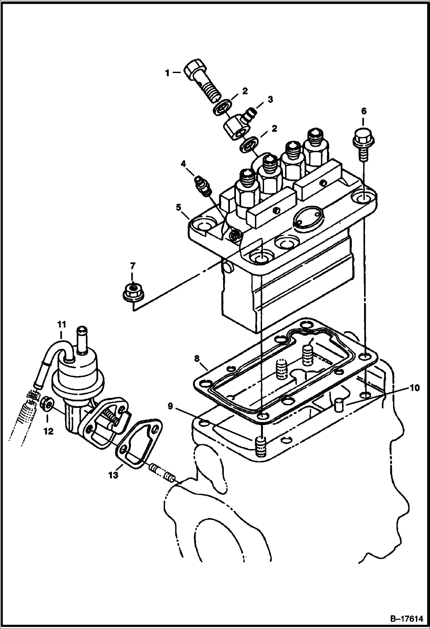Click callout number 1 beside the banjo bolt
(x=167, y=73)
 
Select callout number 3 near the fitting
(x=270, y=100)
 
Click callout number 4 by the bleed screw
(x=183, y=164)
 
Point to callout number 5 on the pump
(x=179, y=207)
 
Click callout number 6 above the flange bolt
(x=364, y=112)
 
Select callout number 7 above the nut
(x=132, y=266)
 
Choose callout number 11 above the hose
(x=61, y=325)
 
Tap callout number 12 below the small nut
(x=49, y=431)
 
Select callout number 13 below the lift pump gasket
(x=113, y=475)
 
